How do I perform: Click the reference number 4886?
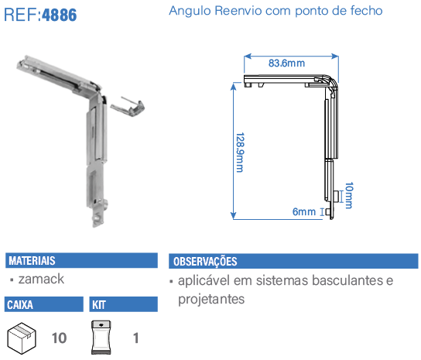coord(60,15)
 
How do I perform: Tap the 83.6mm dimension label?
coord(287,63)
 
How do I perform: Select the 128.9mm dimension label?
coord(240,153)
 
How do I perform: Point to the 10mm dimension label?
coord(349,195)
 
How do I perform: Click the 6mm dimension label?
coord(304,212)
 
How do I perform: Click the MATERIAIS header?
coord(32,261)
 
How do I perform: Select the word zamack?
coord(41,279)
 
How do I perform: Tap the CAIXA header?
coord(20,305)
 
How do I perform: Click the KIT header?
coord(99,305)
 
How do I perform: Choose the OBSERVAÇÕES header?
coord(205,262)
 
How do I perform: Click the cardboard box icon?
coord(22,338)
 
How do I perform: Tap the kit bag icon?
coord(101,338)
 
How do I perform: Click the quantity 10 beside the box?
coord(59,338)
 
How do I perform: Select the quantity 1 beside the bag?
coord(136,338)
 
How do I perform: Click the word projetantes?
coord(211,300)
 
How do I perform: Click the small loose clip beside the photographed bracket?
coord(128,107)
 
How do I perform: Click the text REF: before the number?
coord(22,15)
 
